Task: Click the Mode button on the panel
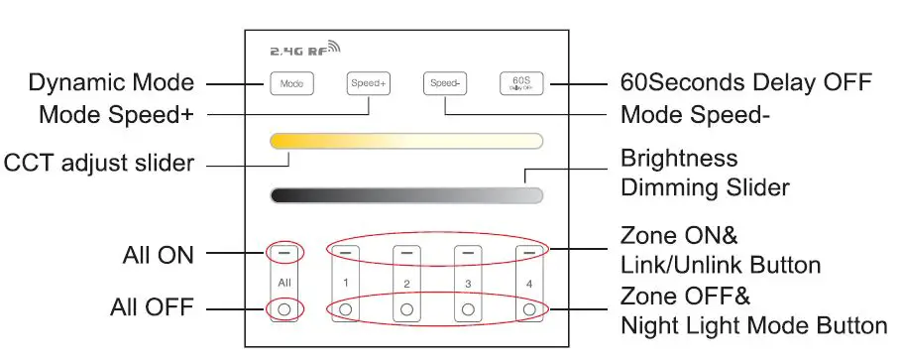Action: tap(290, 84)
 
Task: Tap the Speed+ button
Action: tap(368, 84)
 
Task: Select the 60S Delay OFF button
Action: tap(520, 84)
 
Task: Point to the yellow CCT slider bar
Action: tap(405, 140)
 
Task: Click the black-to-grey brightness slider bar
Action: tap(405, 194)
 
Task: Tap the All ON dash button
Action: tap(283, 254)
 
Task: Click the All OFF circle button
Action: tap(283, 310)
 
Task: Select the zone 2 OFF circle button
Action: tap(406, 310)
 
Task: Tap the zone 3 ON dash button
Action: tap(468, 254)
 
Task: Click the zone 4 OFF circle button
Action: tap(529, 310)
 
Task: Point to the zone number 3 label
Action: tap(468, 284)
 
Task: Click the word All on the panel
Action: tap(283, 283)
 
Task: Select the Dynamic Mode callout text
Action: tap(111, 82)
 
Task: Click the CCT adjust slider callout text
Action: tap(99, 162)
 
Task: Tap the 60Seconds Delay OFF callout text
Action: tap(745, 82)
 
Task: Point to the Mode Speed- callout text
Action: tap(694, 115)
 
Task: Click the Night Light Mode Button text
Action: tap(753, 324)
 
